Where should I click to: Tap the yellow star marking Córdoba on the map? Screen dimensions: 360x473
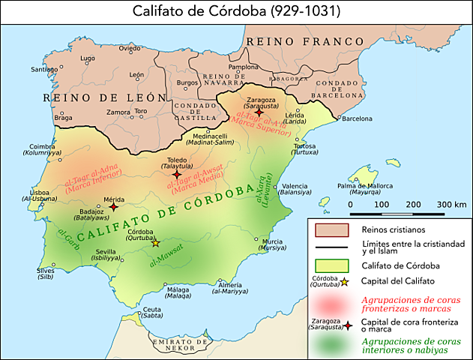(x=156, y=243)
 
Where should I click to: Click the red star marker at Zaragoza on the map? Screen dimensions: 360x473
(x=259, y=112)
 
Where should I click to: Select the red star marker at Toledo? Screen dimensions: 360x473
(x=177, y=174)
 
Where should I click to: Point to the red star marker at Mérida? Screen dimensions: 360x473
(x=113, y=206)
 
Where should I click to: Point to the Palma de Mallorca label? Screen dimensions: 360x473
(x=367, y=185)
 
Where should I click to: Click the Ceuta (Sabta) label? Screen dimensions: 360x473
(x=152, y=310)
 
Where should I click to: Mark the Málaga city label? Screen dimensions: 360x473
(x=178, y=289)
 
